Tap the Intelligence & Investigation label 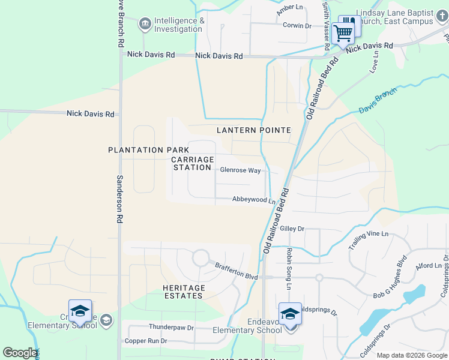pos(178,25)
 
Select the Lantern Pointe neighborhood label pos(254,130)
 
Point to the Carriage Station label pos(192,163)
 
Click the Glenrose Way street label pos(240,170)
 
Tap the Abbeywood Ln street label pos(253,200)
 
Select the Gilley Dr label pos(292,229)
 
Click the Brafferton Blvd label pos(237,272)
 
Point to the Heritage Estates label pos(184,292)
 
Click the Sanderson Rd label pos(119,200)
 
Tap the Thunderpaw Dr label pos(172,328)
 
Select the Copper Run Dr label pos(145,341)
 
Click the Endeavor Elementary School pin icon pos(290,314)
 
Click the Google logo pos(20,353)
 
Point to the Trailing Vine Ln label pos(369,241)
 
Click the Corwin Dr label pos(297,25)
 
